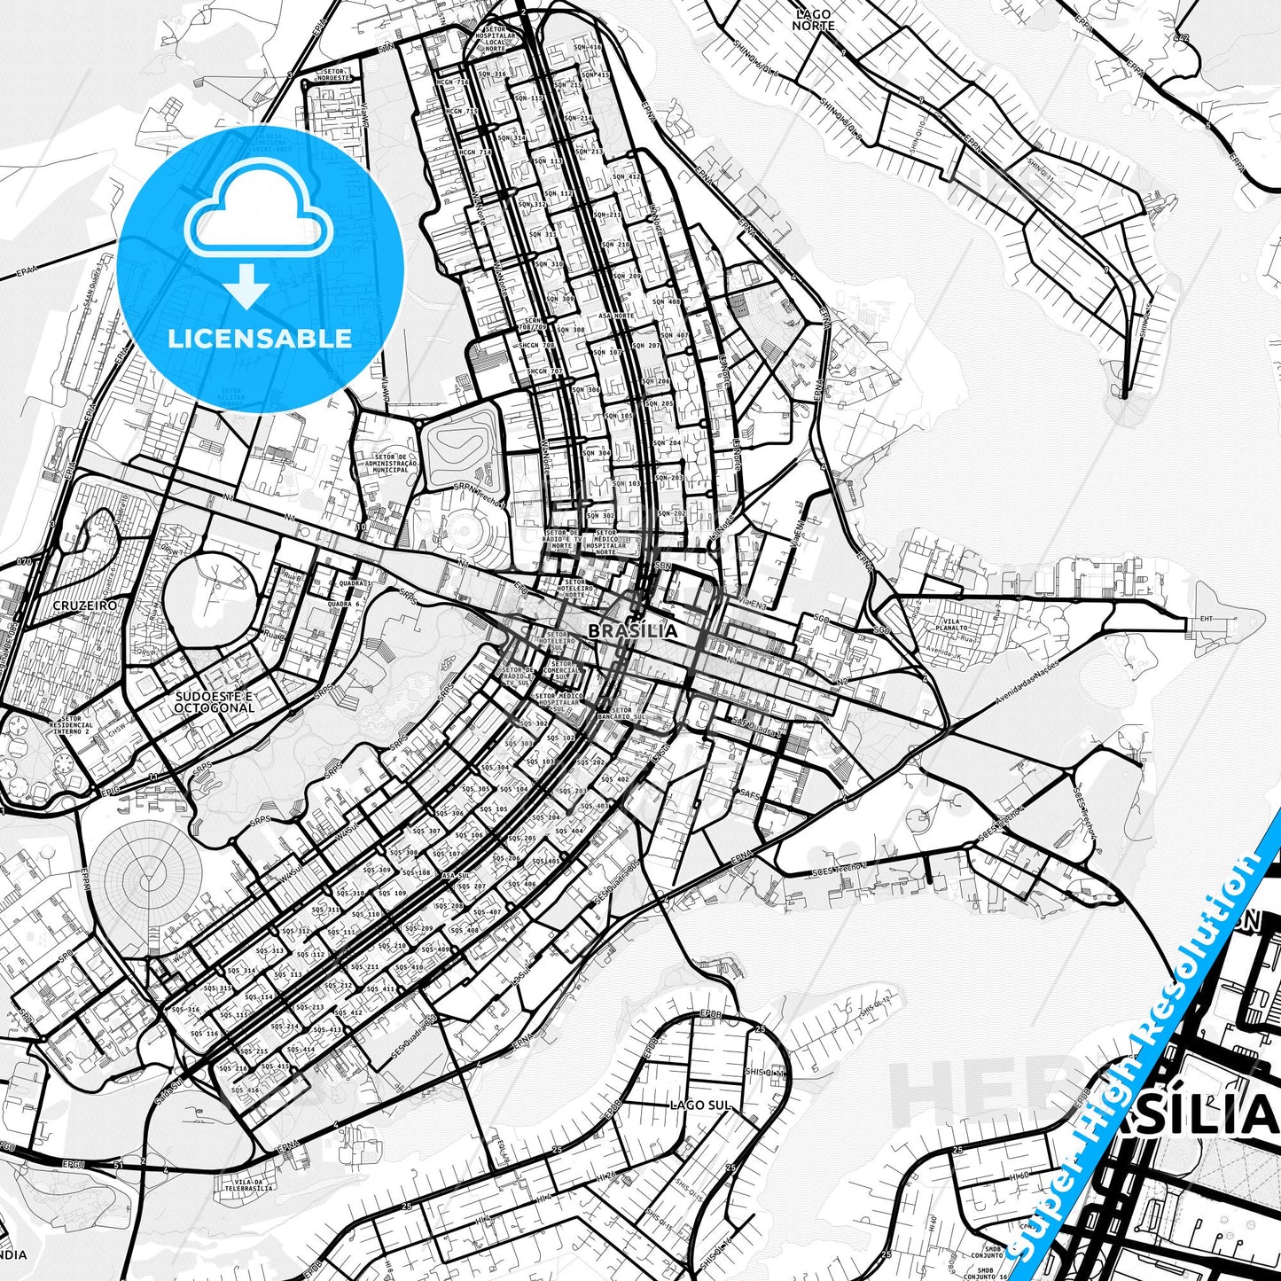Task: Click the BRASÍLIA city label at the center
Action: tap(633, 631)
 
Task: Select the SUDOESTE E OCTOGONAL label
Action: tap(214, 702)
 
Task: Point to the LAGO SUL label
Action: tap(700, 1105)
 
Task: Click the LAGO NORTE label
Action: tap(814, 20)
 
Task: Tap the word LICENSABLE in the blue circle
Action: tap(260, 338)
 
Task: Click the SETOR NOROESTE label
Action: tap(329, 74)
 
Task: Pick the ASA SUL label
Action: tap(455, 875)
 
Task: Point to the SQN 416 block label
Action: tap(587, 47)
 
